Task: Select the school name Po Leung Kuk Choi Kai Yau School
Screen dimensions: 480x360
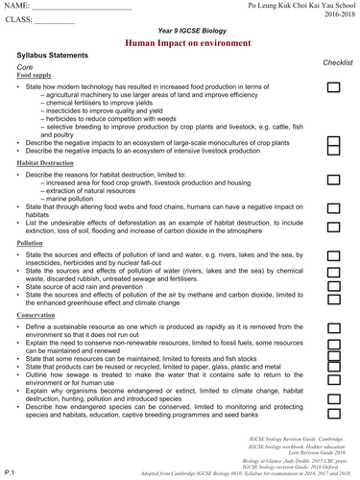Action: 295,7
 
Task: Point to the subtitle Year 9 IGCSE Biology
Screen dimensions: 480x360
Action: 180,35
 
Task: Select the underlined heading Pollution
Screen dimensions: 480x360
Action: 30,244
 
